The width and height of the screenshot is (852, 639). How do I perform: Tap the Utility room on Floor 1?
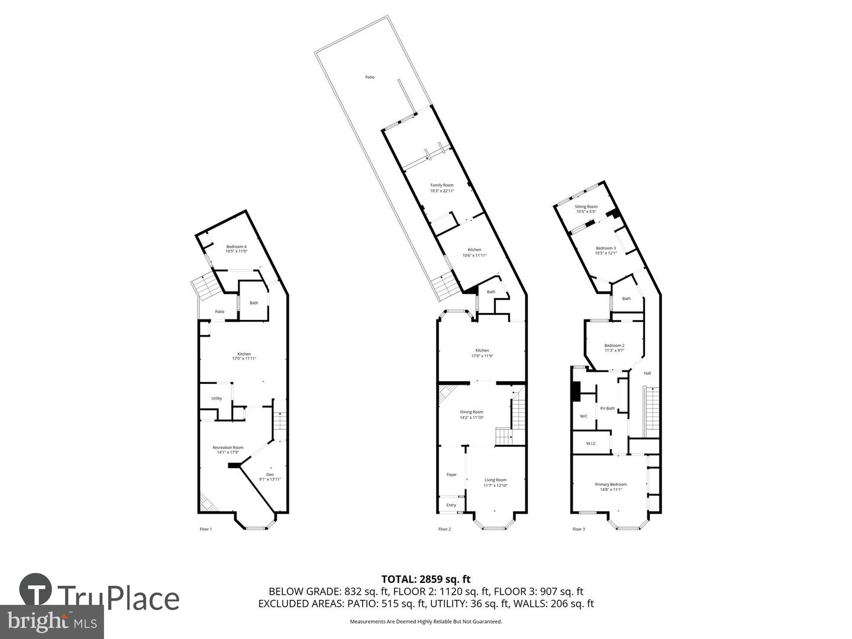217,398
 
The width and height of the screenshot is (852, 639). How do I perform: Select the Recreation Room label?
228,450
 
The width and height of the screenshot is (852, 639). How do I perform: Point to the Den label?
270,477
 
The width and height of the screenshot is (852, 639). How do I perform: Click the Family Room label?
442,188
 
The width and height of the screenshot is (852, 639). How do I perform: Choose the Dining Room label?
472,414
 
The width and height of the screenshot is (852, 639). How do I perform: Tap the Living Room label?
495,482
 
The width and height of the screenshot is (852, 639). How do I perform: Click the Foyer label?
451,475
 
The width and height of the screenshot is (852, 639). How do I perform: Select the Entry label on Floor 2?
451,505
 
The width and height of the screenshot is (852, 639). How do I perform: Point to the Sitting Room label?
586,209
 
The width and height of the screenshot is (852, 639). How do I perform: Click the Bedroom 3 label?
606,250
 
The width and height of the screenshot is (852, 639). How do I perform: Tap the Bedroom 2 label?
614,347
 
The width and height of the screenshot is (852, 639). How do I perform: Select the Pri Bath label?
607,408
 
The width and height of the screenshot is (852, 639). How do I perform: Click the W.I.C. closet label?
591,443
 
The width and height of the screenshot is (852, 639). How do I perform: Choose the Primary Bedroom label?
611,486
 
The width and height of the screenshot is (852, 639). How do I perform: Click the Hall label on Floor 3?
647,373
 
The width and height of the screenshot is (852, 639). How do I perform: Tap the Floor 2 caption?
444,529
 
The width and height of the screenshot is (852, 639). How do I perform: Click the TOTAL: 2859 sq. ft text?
426,579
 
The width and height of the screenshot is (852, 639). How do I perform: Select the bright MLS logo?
51,621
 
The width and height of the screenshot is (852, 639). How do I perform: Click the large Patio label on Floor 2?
370,77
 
